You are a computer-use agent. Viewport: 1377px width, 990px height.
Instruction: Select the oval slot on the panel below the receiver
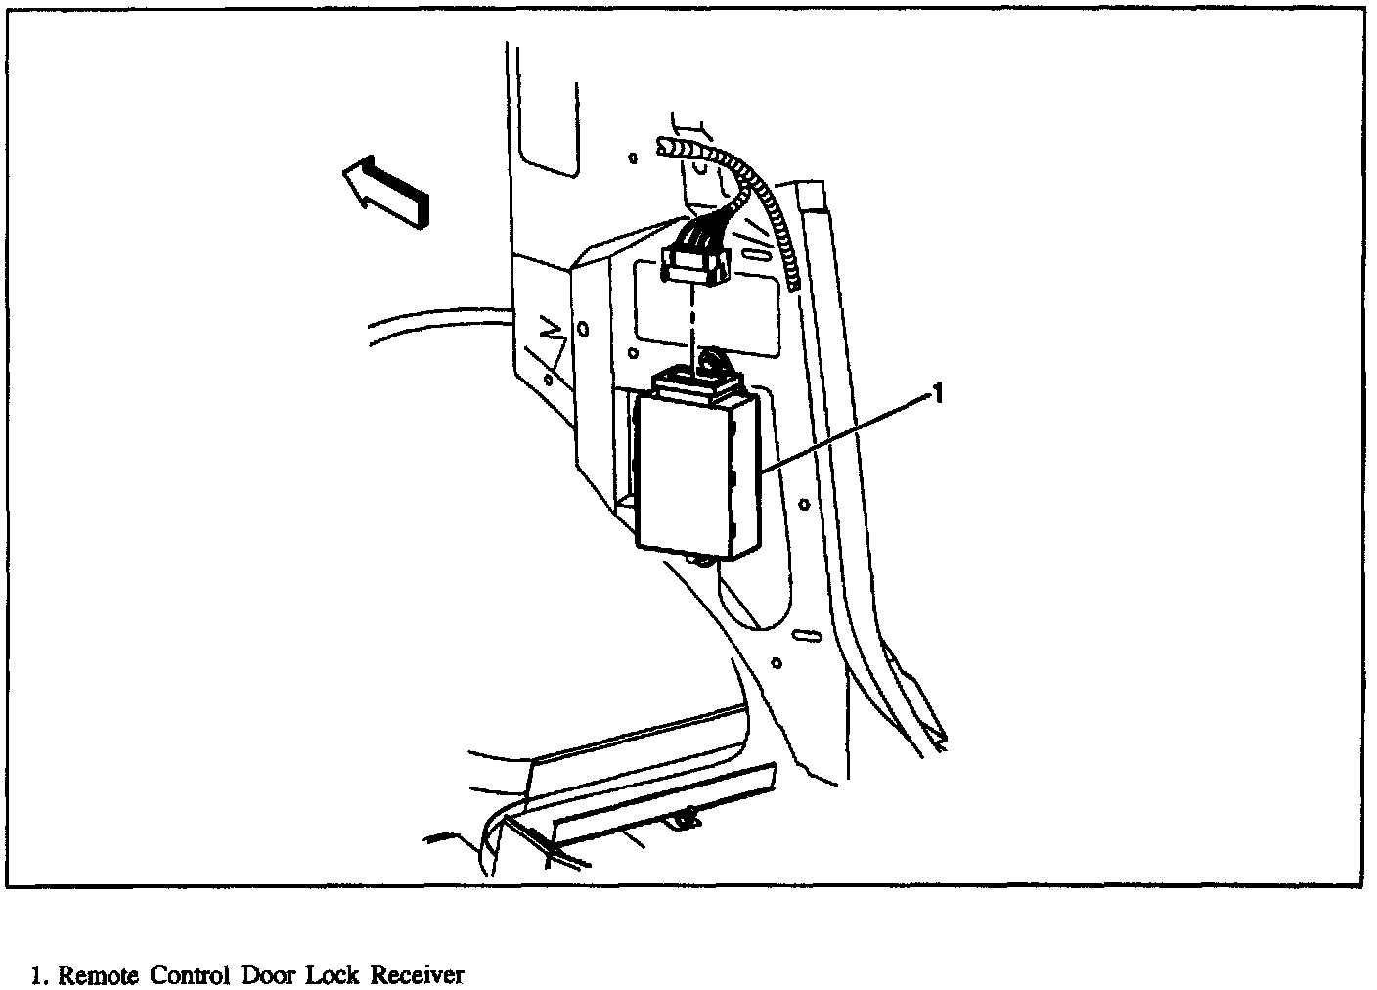pos(808,637)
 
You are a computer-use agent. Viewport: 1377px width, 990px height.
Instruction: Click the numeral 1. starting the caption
pos(40,975)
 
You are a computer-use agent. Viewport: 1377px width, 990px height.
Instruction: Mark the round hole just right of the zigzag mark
pos(583,330)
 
